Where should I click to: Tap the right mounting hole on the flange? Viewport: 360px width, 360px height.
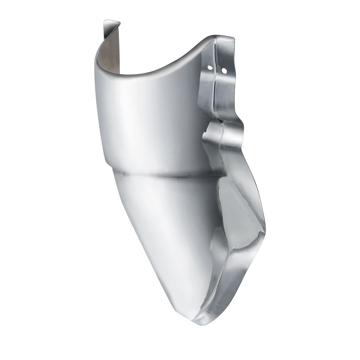point(224,71)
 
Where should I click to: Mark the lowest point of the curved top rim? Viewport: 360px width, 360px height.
point(141,73)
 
